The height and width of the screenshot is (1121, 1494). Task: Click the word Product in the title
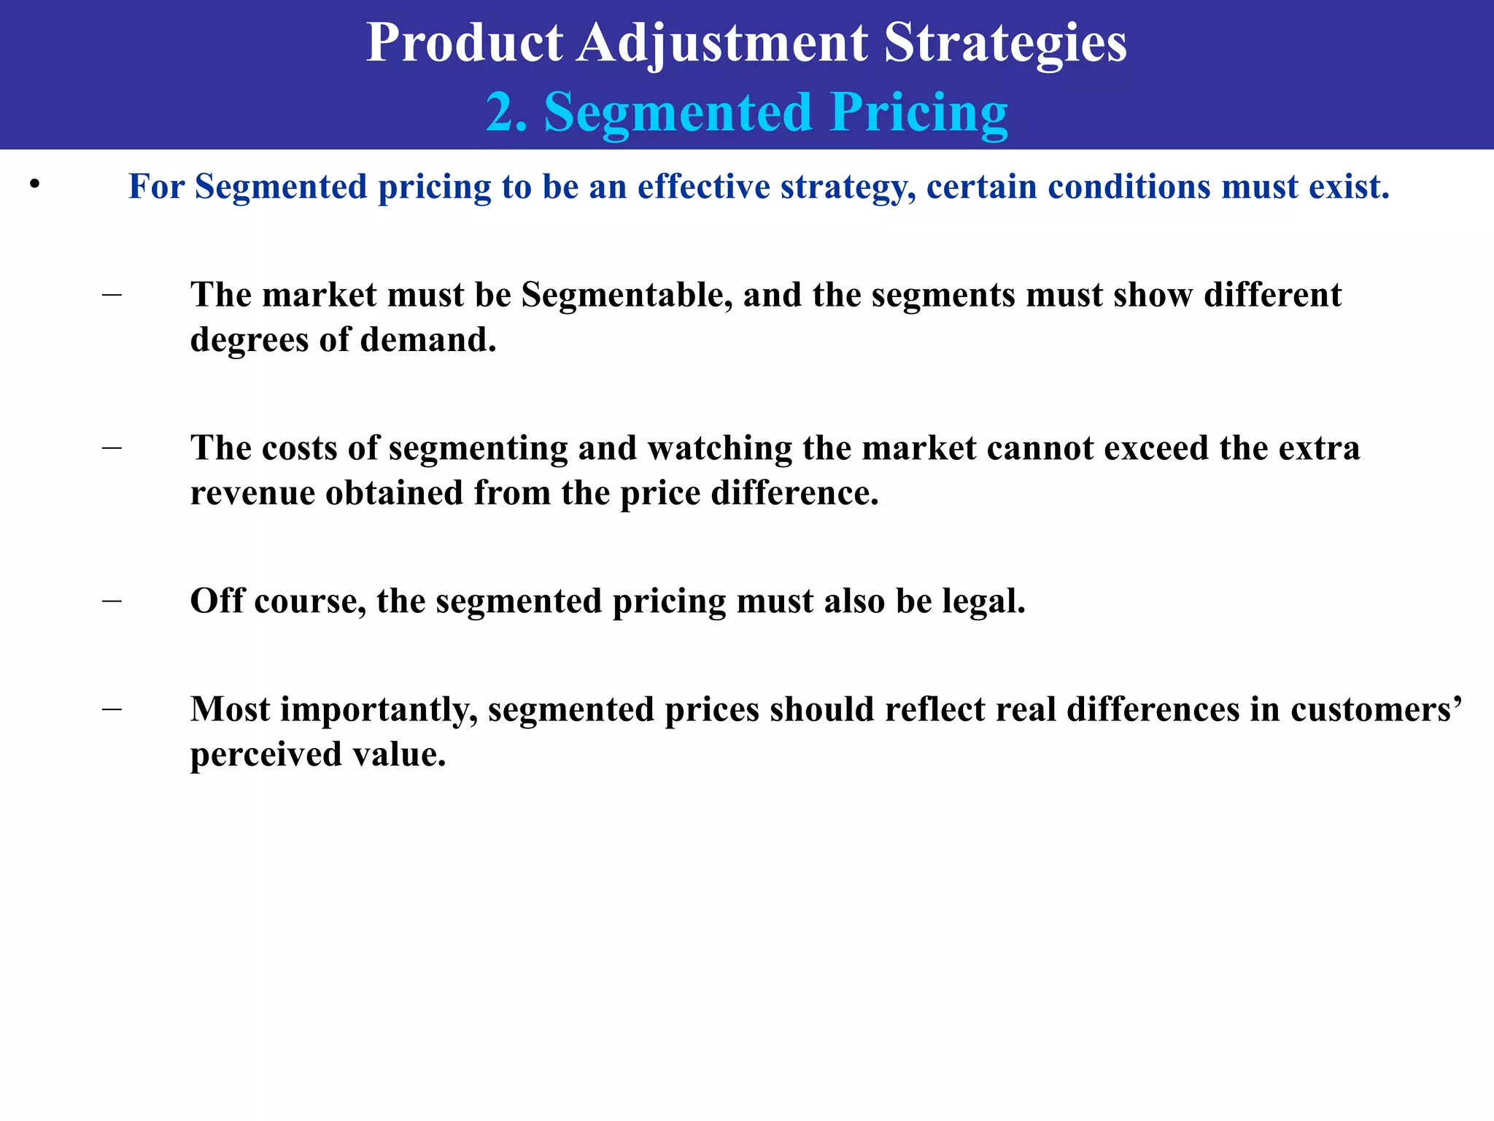coord(464,42)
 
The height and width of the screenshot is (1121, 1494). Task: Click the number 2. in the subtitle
coord(507,112)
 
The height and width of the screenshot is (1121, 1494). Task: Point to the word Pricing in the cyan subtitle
coord(919,114)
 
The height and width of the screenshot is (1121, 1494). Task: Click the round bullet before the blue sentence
coord(34,185)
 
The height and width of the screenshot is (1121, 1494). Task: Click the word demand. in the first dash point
coord(428,340)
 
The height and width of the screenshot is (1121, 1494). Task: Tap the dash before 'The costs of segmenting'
coord(112,447)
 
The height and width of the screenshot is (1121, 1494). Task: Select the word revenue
coord(253,493)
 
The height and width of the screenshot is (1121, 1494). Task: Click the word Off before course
coord(217,601)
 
